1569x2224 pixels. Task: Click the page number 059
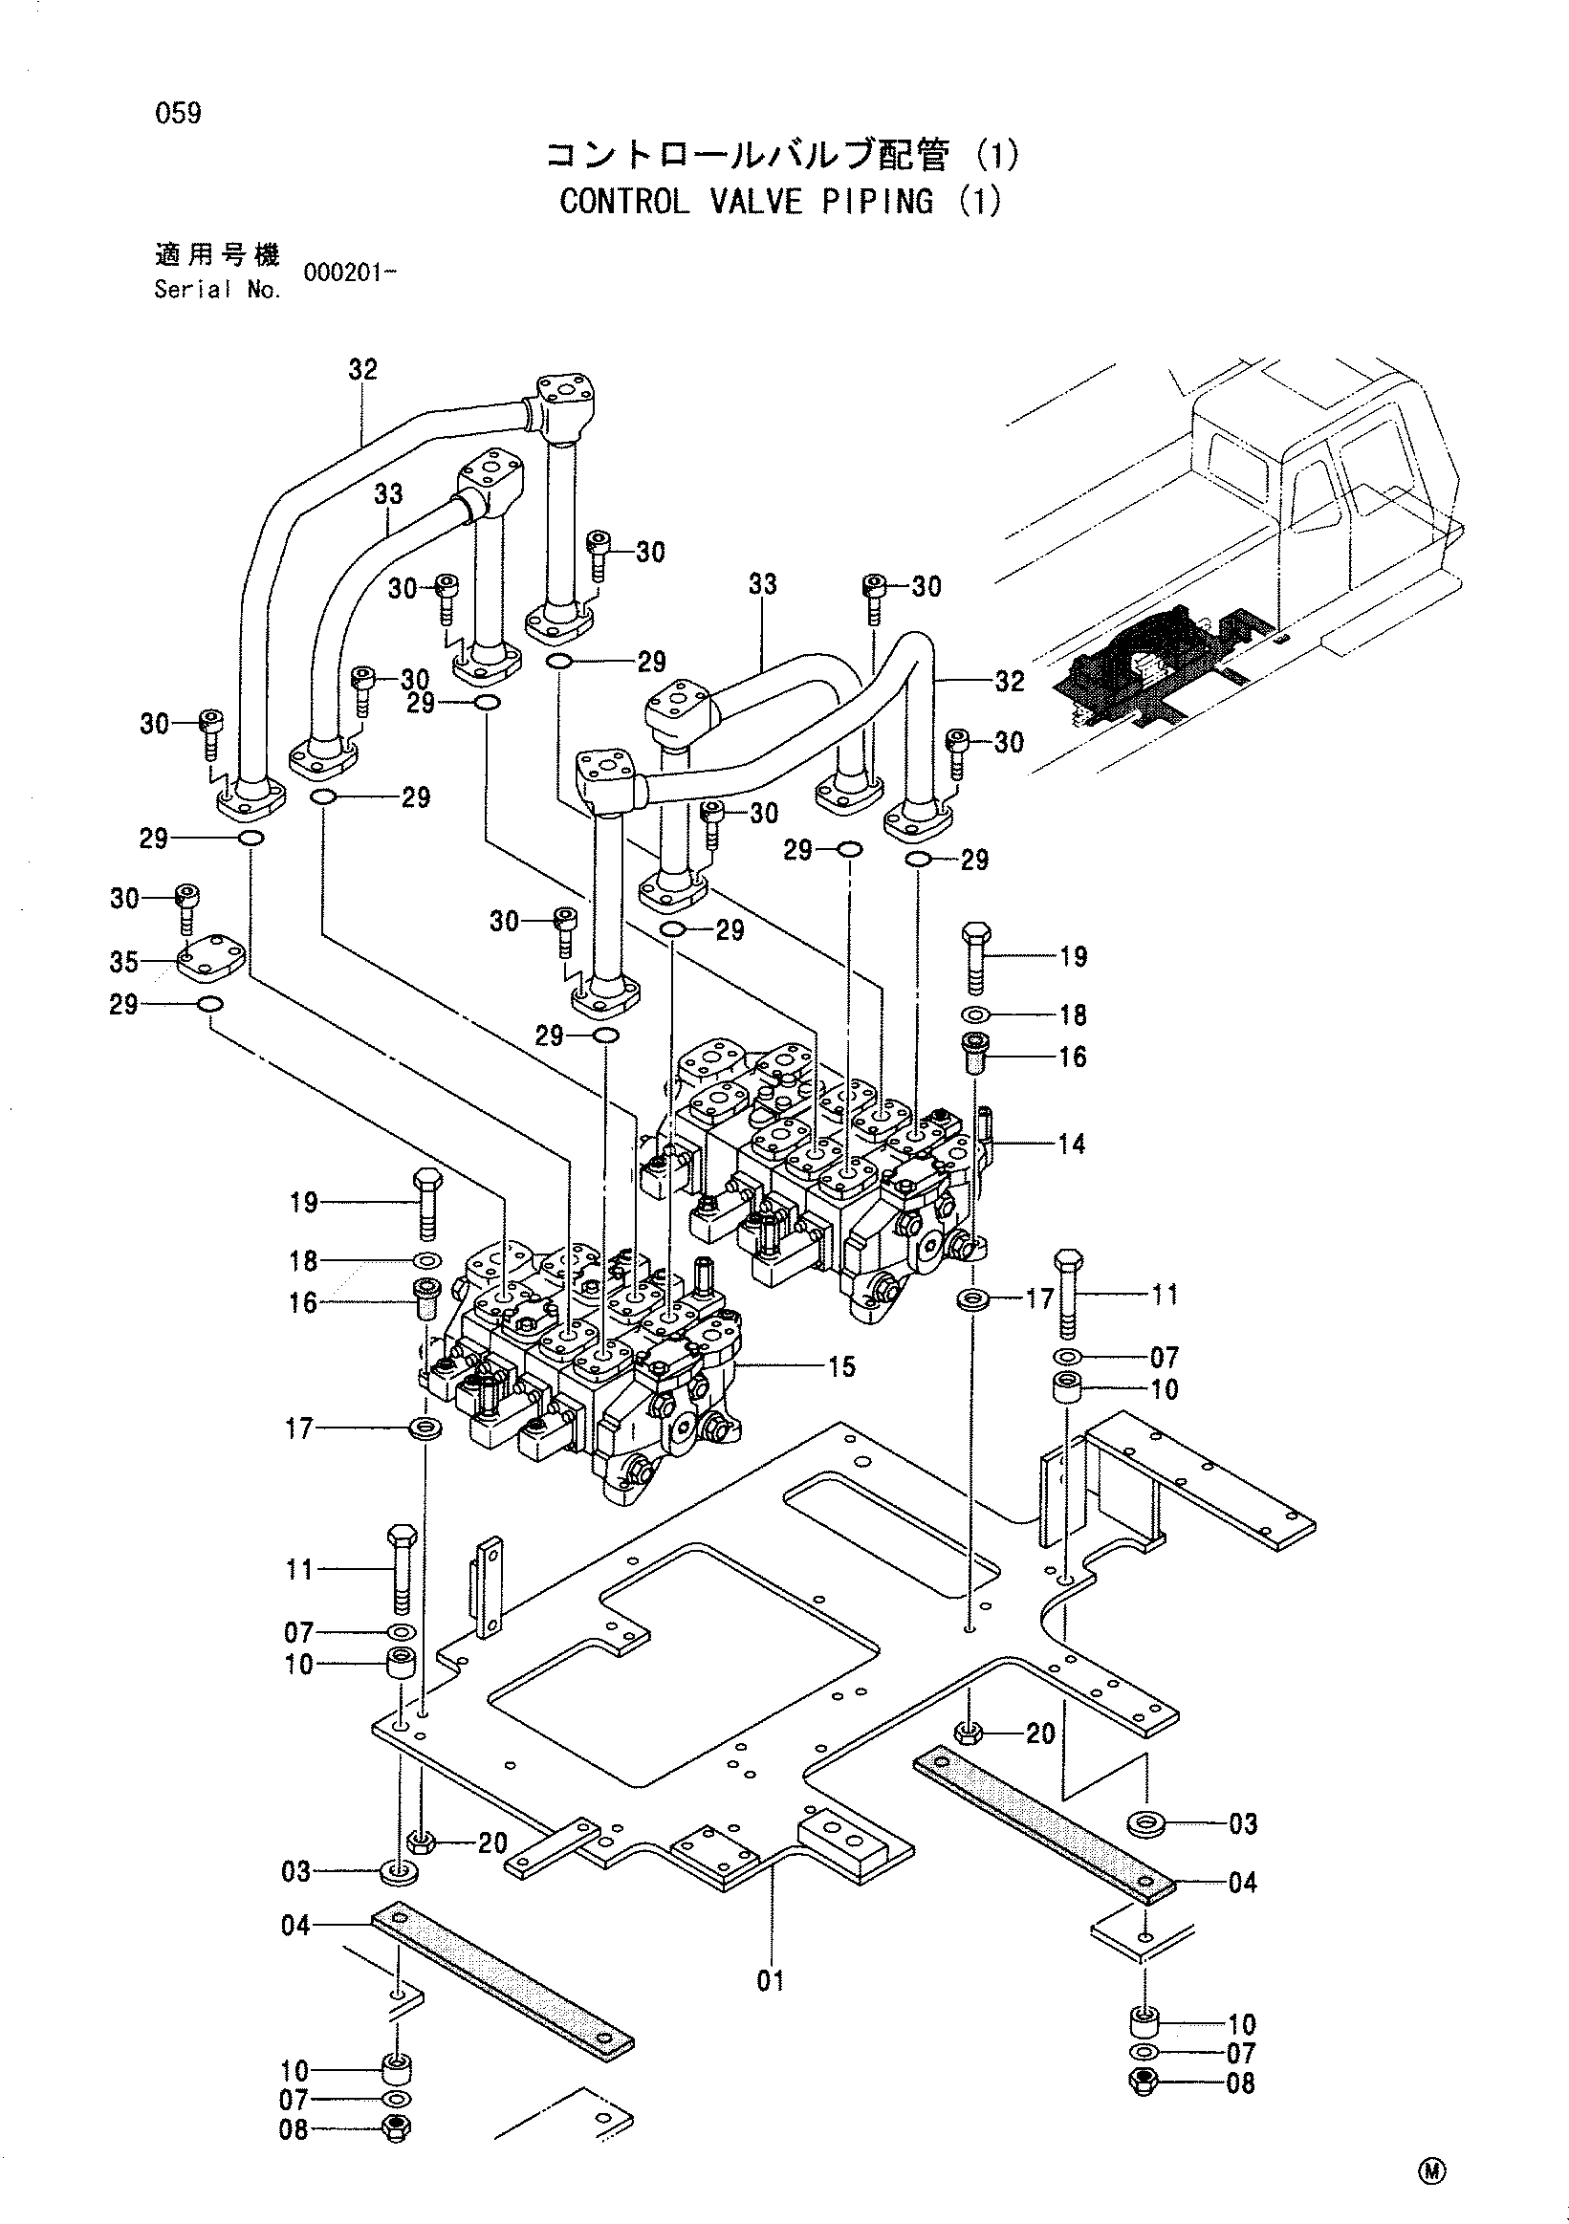pyautogui.click(x=178, y=114)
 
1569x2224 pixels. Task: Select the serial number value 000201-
pyautogui.click(x=350, y=273)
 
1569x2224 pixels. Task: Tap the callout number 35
pyautogui.click(x=124, y=962)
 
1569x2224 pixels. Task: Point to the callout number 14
pyautogui.click(x=1071, y=1144)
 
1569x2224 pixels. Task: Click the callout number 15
pyautogui.click(x=841, y=1366)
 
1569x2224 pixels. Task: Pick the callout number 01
pyautogui.click(x=770, y=1981)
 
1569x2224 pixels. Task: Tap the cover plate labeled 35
pyautogui.click(x=211, y=954)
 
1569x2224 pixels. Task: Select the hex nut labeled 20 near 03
pyautogui.click(x=420, y=1842)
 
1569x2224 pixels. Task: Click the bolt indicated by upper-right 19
pyautogui.click(x=975, y=958)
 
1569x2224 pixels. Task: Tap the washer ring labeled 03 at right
pyautogui.click(x=1147, y=1823)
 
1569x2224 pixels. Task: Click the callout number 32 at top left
pyautogui.click(x=363, y=369)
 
